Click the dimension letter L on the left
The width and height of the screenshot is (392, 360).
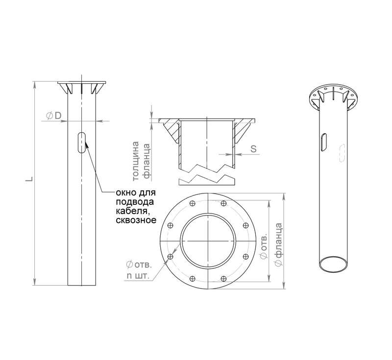tap(30, 179)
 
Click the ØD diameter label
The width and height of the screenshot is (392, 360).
tap(54, 116)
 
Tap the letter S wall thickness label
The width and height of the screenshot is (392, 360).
tap(253, 148)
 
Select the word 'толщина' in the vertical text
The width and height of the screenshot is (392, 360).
tap(136, 161)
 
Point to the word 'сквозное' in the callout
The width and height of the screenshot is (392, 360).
tap(136, 220)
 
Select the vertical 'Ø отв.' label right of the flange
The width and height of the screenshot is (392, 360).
tap(264, 246)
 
